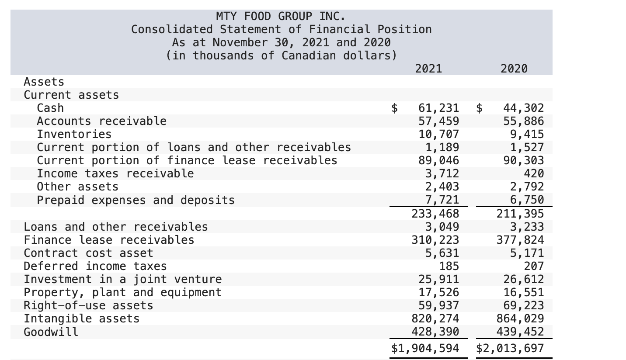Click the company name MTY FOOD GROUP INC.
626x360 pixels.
281,17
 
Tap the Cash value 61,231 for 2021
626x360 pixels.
438,108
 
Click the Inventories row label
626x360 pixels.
74,134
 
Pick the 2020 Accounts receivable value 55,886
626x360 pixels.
524,121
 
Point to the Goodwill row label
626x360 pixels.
51,332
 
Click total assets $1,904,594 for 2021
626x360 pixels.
425,348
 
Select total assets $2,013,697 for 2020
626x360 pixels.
510,348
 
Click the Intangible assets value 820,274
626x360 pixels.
435,318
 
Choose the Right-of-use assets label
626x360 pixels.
88,305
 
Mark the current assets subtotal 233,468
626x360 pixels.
435,214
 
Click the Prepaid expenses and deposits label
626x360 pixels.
136,200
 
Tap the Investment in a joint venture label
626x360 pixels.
122,279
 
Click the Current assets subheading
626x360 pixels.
71,95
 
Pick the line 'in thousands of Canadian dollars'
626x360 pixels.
282,56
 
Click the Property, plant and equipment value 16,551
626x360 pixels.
524,292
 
